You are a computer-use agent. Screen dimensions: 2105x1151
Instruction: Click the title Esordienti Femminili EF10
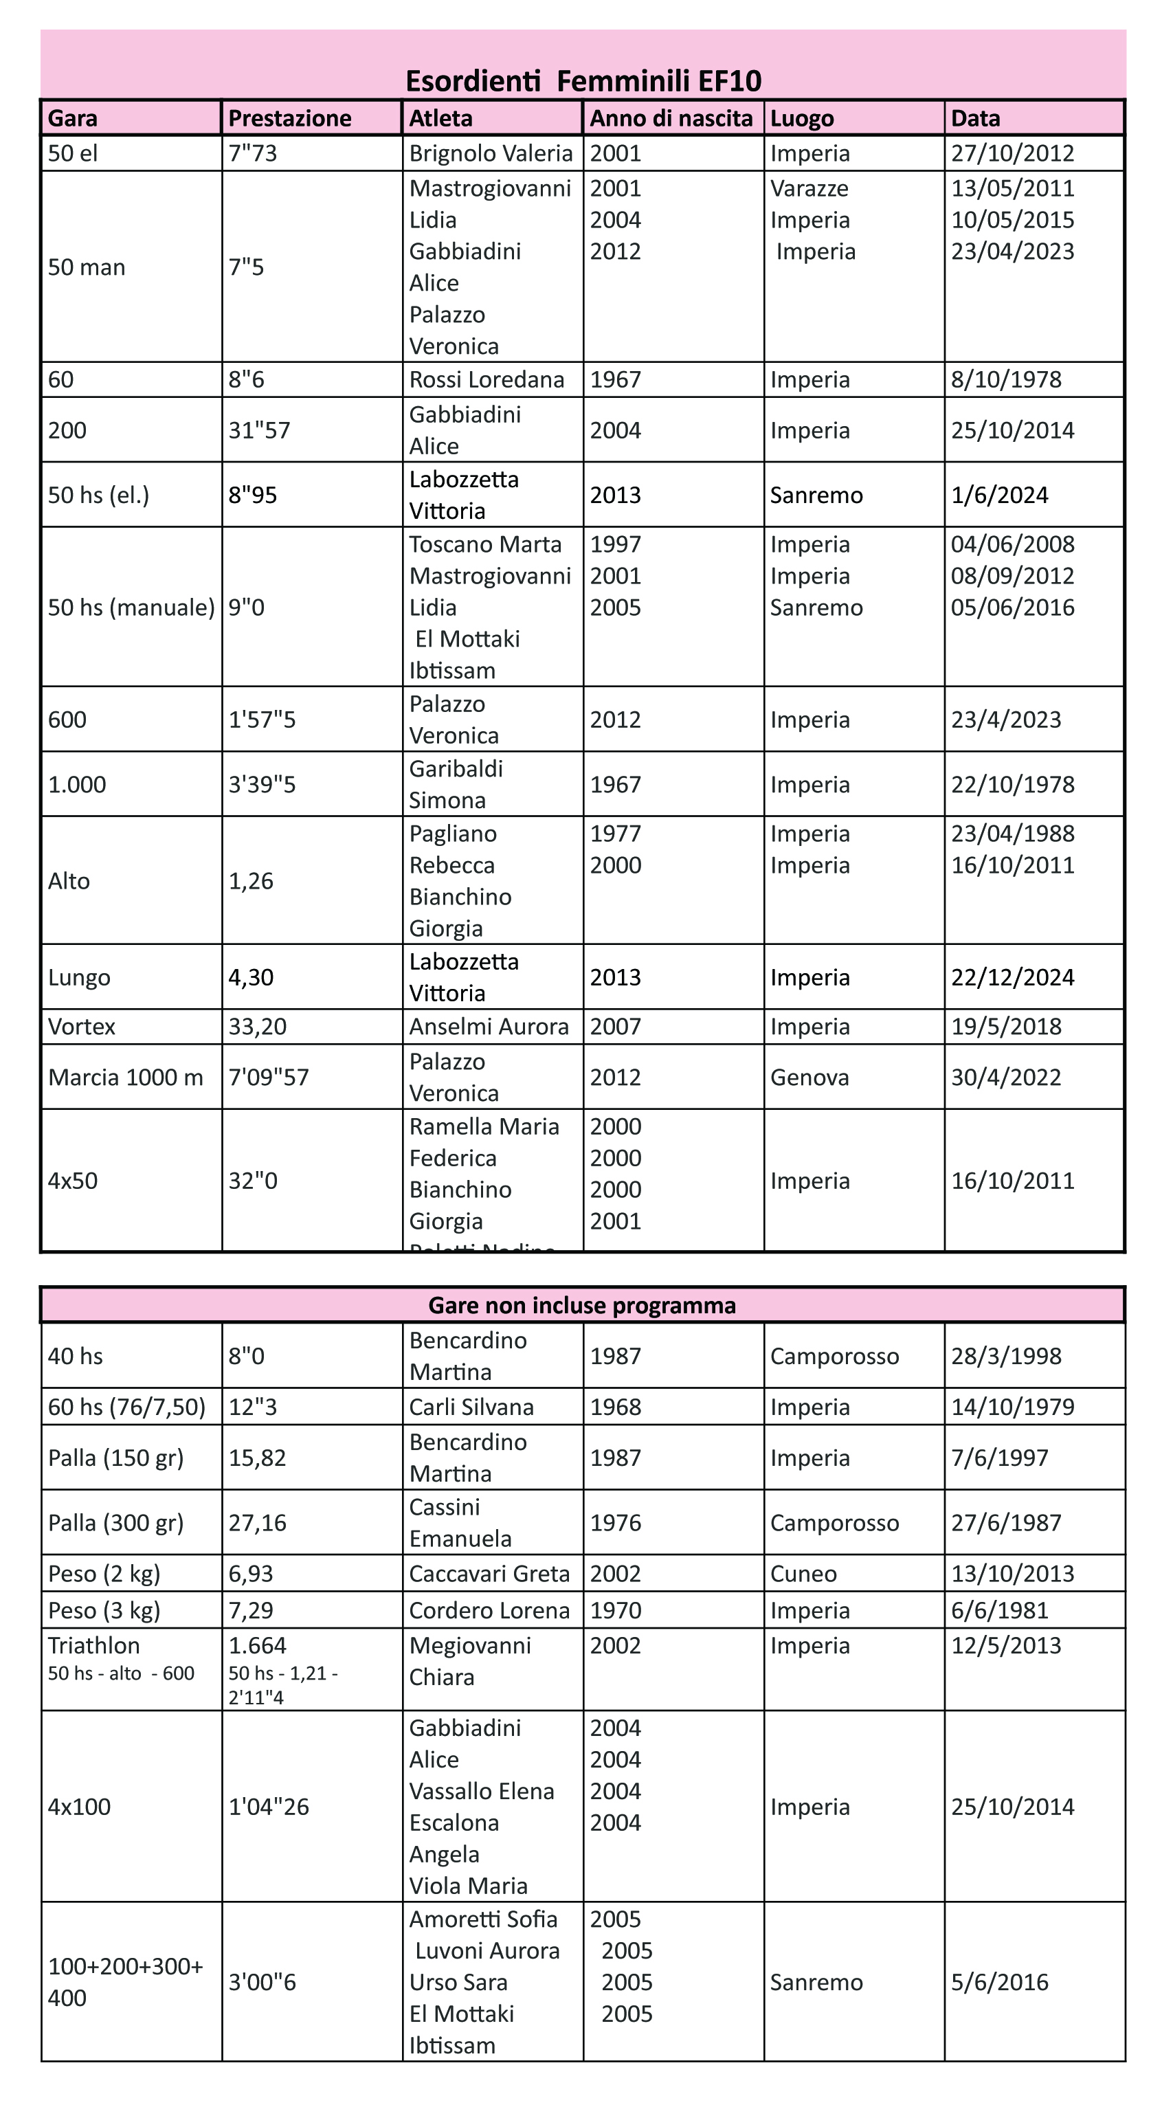pyautogui.click(x=583, y=81)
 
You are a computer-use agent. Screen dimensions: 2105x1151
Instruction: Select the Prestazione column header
pyautogui.click(x=289, y=118)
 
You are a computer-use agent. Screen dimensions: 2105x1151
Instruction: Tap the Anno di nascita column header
pyautogui.click(x=671, y=118)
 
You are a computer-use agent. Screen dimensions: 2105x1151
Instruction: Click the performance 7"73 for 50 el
pyautogui.click(x=252, y=154)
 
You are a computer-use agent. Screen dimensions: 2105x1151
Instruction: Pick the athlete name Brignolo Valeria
pyautogui.click(x=490, y=154)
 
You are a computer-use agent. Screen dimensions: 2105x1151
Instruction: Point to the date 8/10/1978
pyautogui.click(x=1005, y=380)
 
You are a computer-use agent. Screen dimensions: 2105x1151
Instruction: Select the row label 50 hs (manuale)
pyautogui.click(x=131, y=608)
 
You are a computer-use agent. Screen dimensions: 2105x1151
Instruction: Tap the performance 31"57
pyautogui.click(x=259, y=431)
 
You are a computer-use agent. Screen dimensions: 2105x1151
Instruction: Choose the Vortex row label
pyautogui.click(x=82, y=1027)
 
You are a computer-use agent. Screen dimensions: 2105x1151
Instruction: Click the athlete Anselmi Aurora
pyautogui.click(x=489, y=1027)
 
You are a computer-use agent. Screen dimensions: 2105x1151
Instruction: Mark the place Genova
pyautogui.click(x=809, y=1078)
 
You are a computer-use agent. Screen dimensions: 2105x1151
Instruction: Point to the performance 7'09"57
pyautogui.click(x=269, y=1078)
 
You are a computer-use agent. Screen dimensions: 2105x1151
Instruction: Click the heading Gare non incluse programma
pyautogui.click(x=581, y=1306)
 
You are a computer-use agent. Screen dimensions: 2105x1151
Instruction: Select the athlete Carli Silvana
pyautogui.click(x=471, y=1407)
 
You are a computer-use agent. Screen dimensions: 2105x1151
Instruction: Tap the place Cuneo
pyautogui.click(x=803, y=1574)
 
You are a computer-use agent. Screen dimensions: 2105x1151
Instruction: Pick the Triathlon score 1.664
pyautogui.click(x=257, y=1646)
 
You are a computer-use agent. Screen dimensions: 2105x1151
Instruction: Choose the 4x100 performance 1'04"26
pyautogui.click(x=269, y=1807)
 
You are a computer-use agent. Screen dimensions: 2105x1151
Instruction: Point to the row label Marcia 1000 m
pyautogui.click(x=125, y=1078)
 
